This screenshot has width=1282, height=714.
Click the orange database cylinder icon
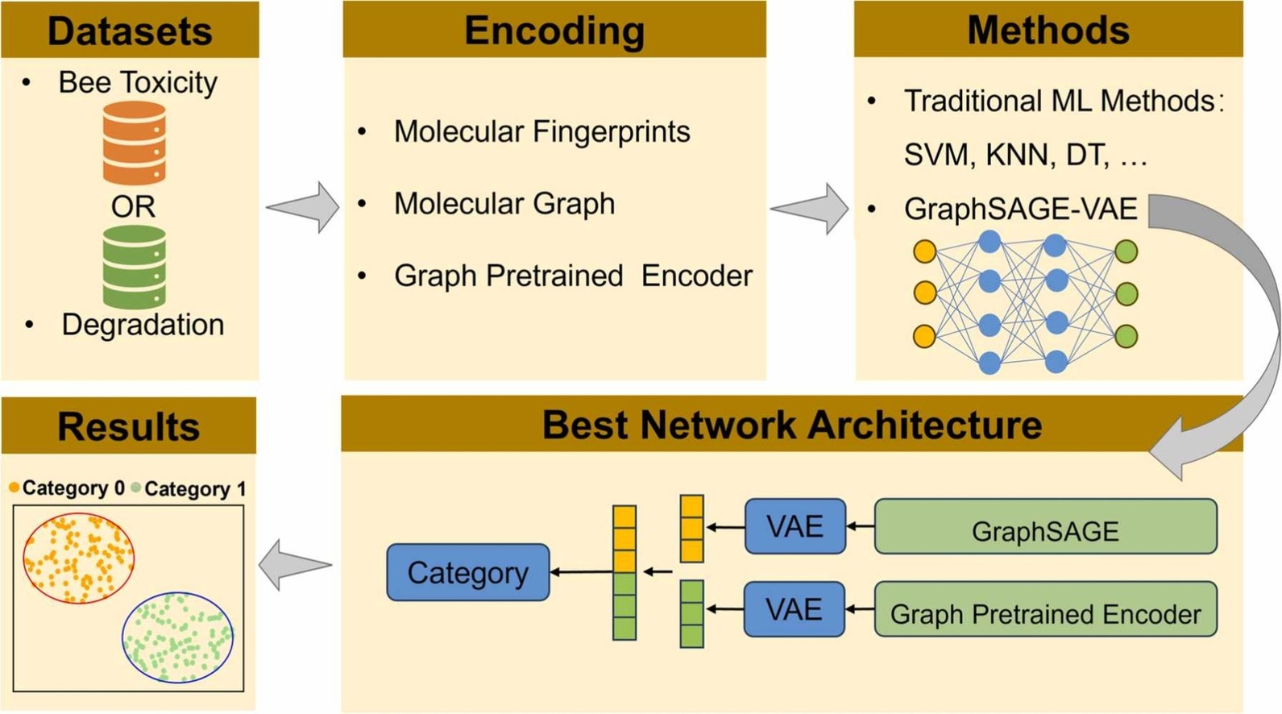pyautogui.click(x=134, y=144)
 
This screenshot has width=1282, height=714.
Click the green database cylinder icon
pyautogui.click(x=134, y=267)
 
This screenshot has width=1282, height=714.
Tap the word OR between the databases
pyautogui.click(x=133, y=207)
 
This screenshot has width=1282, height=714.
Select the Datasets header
pyautogui.click(x=130, y=31)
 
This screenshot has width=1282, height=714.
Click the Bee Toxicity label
pyautogui.click(x=138, y=83)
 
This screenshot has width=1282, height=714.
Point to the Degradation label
pyautogui.click(x=143, y=325)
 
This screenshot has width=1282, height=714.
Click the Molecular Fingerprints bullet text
pyautogui.click(x=541, y=131)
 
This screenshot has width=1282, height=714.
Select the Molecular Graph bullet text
pyautogui.click(x=504, y=204)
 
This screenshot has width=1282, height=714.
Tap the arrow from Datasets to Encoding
pyautogui.click(x=303, y=207)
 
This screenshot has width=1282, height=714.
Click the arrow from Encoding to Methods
pyautogui.click(x=810, y=209)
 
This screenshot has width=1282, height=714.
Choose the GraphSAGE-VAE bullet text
pyautogui.click(x=1020, y=210)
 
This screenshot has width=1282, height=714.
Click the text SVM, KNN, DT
pyautogui.click(x=1024, y=155)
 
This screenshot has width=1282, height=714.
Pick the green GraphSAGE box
pyautogui.click(x=1045, y=527)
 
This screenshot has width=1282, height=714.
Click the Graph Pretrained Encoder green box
pyautogui.click(x=1045, y=610)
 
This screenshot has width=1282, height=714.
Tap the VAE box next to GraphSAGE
pyautogui.click(x=795, y=527)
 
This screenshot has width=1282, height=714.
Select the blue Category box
pyautogui.click(x=468, y=573)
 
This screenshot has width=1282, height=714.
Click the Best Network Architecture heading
pyautogui.click(x=791, y=425)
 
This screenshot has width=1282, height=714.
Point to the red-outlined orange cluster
pyautogui.click(x=78, y=558)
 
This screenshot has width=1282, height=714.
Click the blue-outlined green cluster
pyautogui.click(x=178, y=637)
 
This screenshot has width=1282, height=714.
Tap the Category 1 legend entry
pyautogui.click(x=189, y=488)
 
